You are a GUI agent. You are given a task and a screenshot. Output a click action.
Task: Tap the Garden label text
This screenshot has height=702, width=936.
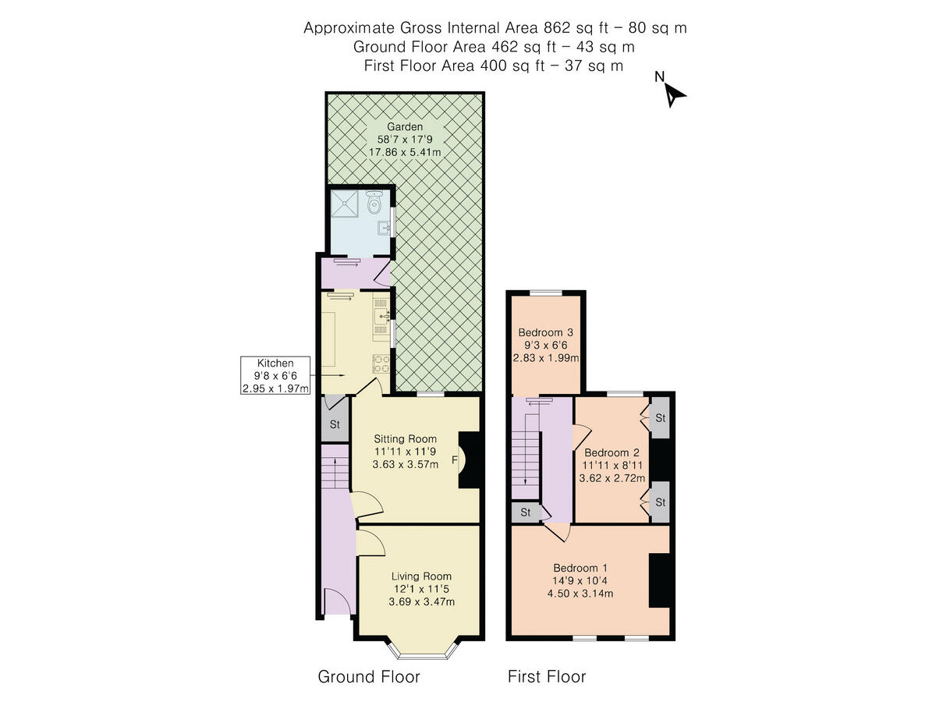(405, 126)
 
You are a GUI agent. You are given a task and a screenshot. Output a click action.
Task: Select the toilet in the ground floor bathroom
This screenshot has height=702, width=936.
(374, 204)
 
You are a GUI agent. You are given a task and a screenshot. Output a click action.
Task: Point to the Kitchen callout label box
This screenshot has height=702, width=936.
(275, 375)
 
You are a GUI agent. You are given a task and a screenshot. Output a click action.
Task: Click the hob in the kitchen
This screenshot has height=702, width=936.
(381, 363)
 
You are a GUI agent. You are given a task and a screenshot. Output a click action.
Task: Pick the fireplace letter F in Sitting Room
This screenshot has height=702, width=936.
(454, 460)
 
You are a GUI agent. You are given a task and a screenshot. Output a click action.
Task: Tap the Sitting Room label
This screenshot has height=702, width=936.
(405, 438)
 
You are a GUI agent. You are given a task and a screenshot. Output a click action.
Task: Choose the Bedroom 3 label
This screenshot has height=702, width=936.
(546, 332)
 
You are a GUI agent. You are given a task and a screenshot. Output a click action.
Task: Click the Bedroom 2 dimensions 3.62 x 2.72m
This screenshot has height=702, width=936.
(612, 479)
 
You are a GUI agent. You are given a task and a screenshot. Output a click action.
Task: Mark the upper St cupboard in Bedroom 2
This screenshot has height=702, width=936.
(660, 418)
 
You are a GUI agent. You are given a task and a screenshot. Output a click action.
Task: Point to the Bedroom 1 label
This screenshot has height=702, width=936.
(580, 567)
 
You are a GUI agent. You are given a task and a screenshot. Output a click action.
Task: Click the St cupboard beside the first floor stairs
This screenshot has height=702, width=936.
(526, 512)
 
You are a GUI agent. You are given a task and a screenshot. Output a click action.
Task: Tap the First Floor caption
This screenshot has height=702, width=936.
(546, 676)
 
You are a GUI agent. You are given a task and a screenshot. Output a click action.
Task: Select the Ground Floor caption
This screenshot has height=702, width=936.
(368, 676)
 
